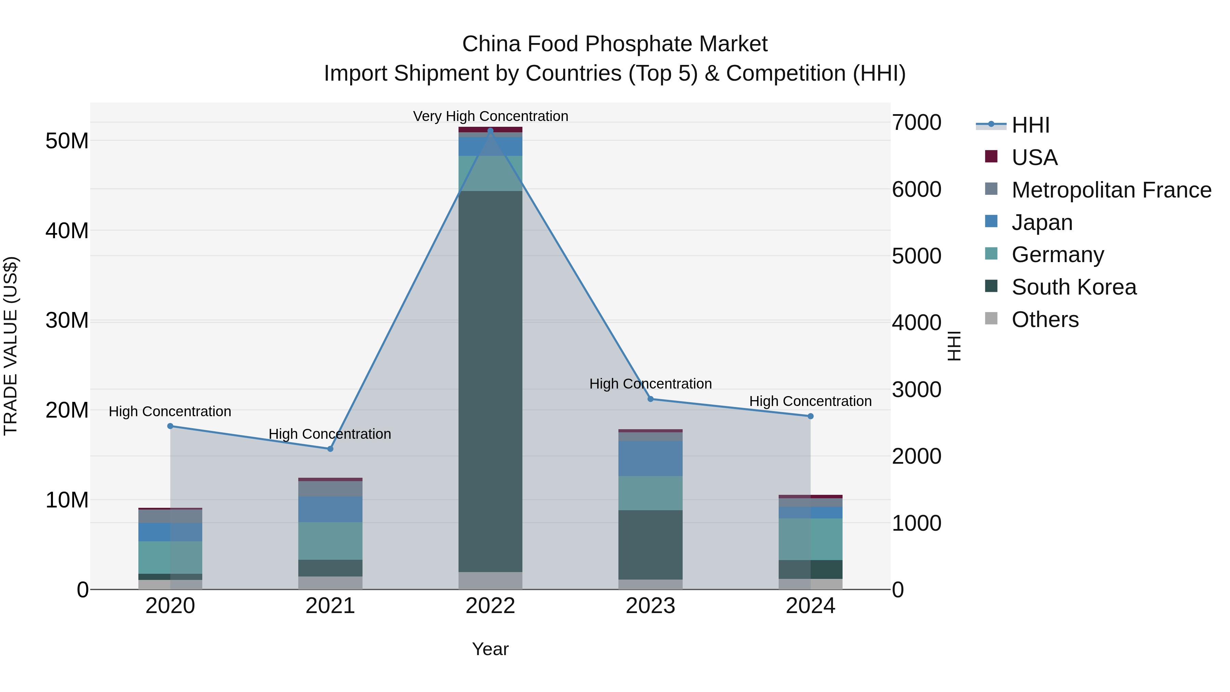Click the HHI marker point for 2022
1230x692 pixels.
490,131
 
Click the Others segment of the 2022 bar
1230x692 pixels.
490,580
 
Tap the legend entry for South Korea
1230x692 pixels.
1074,287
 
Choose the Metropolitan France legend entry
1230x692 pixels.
1111,190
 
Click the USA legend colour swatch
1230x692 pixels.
991,157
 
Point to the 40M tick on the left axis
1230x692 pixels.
67,231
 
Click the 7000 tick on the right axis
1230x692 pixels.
916,123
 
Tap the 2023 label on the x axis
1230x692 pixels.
650,606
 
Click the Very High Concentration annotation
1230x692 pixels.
490,116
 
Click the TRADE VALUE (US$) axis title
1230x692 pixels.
11,346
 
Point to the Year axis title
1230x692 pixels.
490,649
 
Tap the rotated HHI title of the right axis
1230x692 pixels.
954,346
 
